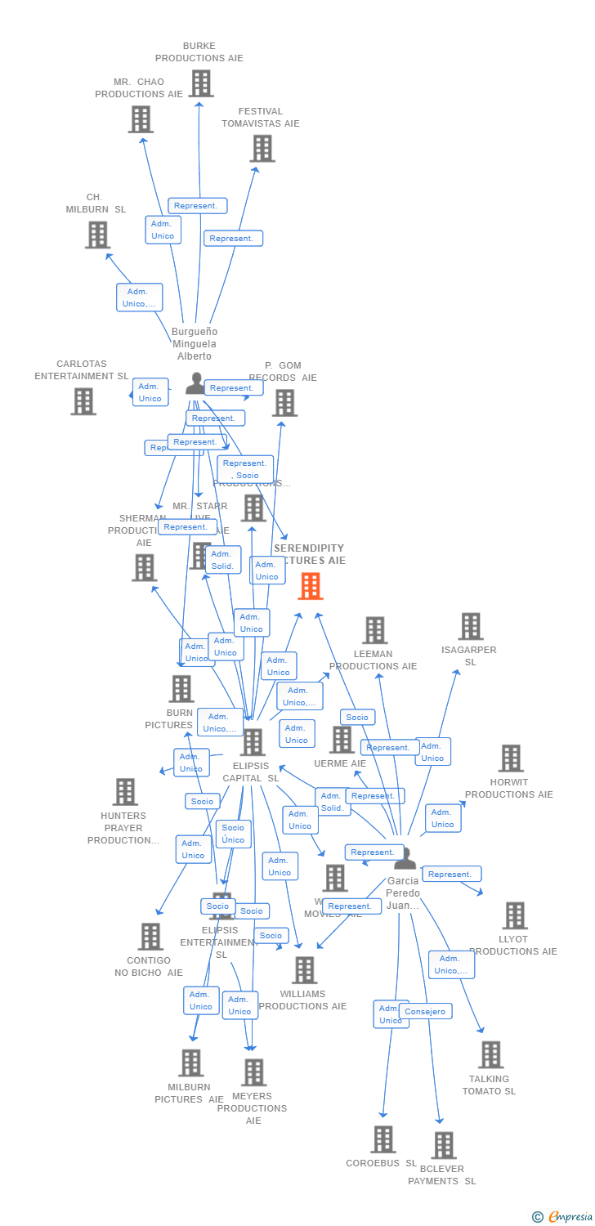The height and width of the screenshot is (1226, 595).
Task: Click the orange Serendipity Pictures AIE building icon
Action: [311, 586]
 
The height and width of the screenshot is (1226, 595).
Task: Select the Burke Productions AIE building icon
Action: [201, 83]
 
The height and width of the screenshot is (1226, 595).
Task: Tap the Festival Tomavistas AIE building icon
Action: [262, 149]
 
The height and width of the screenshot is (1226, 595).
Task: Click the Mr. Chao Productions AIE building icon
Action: [141, 119]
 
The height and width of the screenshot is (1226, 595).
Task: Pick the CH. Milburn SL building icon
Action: [97, 235]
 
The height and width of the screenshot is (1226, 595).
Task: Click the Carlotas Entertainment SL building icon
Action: [83, 401]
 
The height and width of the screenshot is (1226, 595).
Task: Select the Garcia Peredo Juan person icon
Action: [405, 858]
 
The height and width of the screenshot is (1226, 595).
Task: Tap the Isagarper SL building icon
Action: [470, 627]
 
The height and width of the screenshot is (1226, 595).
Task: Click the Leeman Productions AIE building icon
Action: [374, 630]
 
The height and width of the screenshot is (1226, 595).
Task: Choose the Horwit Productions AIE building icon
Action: [511, 758]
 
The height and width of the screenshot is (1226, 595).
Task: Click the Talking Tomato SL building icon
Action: [490, 1055]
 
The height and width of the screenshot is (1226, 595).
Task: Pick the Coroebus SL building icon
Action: [382, 1139]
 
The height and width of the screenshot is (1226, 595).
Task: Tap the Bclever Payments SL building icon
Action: [443, 1145]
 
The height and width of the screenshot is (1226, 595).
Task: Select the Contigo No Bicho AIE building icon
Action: [150, 937]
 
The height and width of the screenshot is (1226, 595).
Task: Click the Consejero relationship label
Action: [425, 1012]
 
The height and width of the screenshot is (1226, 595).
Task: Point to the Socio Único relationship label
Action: [233, 834]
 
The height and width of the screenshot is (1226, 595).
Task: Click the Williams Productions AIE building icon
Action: [304, 970]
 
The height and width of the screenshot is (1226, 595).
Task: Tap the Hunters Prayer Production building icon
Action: [125, 792]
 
